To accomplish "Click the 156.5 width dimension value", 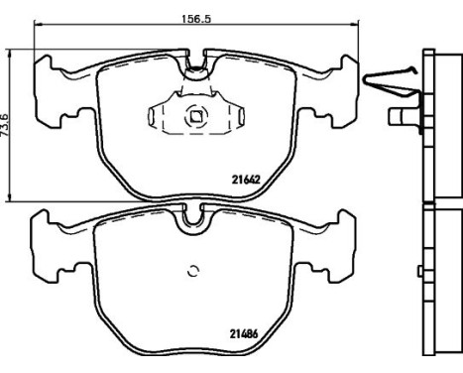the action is click(196, 19).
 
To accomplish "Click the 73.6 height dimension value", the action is click(6, 124).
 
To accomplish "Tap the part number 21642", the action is click(246, 180).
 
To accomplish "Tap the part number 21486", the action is click(244, 334).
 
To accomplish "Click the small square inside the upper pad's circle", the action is click(196, 116).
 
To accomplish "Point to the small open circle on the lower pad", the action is click(193, 271).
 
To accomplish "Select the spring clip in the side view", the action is click(390, 81).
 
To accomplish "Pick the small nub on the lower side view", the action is click(420, 271).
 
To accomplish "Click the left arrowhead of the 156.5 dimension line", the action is click(38, 24).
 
